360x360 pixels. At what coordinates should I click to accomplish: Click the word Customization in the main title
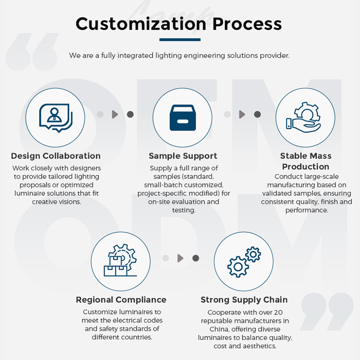click(141, 24)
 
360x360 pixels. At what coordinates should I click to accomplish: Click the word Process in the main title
click(247, 24)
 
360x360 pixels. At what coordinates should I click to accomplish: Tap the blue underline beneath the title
click(180, 40)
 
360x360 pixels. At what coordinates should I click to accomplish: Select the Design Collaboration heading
click(56, 156)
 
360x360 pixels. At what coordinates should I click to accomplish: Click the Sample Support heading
click(183, 156)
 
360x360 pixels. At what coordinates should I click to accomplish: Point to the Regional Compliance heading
click(121, 300)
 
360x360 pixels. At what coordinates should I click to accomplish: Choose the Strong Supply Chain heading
click(244, 300)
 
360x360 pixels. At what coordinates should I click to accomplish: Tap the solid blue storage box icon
click(183, 118)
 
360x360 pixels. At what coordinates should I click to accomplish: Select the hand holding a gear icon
click(303, 117)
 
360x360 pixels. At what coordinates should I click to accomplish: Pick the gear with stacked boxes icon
click(120, 260)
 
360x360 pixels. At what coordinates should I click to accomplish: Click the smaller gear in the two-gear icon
click(253, 254)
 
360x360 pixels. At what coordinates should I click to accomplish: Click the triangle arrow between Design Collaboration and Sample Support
click(115, 114)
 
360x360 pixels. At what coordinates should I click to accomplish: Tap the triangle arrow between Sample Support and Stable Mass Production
click(242, 114)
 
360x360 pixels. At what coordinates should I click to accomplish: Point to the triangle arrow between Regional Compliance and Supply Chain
click(180, 258)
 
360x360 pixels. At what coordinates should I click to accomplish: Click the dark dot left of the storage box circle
click(130, 114)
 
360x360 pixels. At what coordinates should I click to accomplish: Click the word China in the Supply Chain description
click(219, 329)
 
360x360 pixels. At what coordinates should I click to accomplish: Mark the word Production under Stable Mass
click(306, 167)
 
